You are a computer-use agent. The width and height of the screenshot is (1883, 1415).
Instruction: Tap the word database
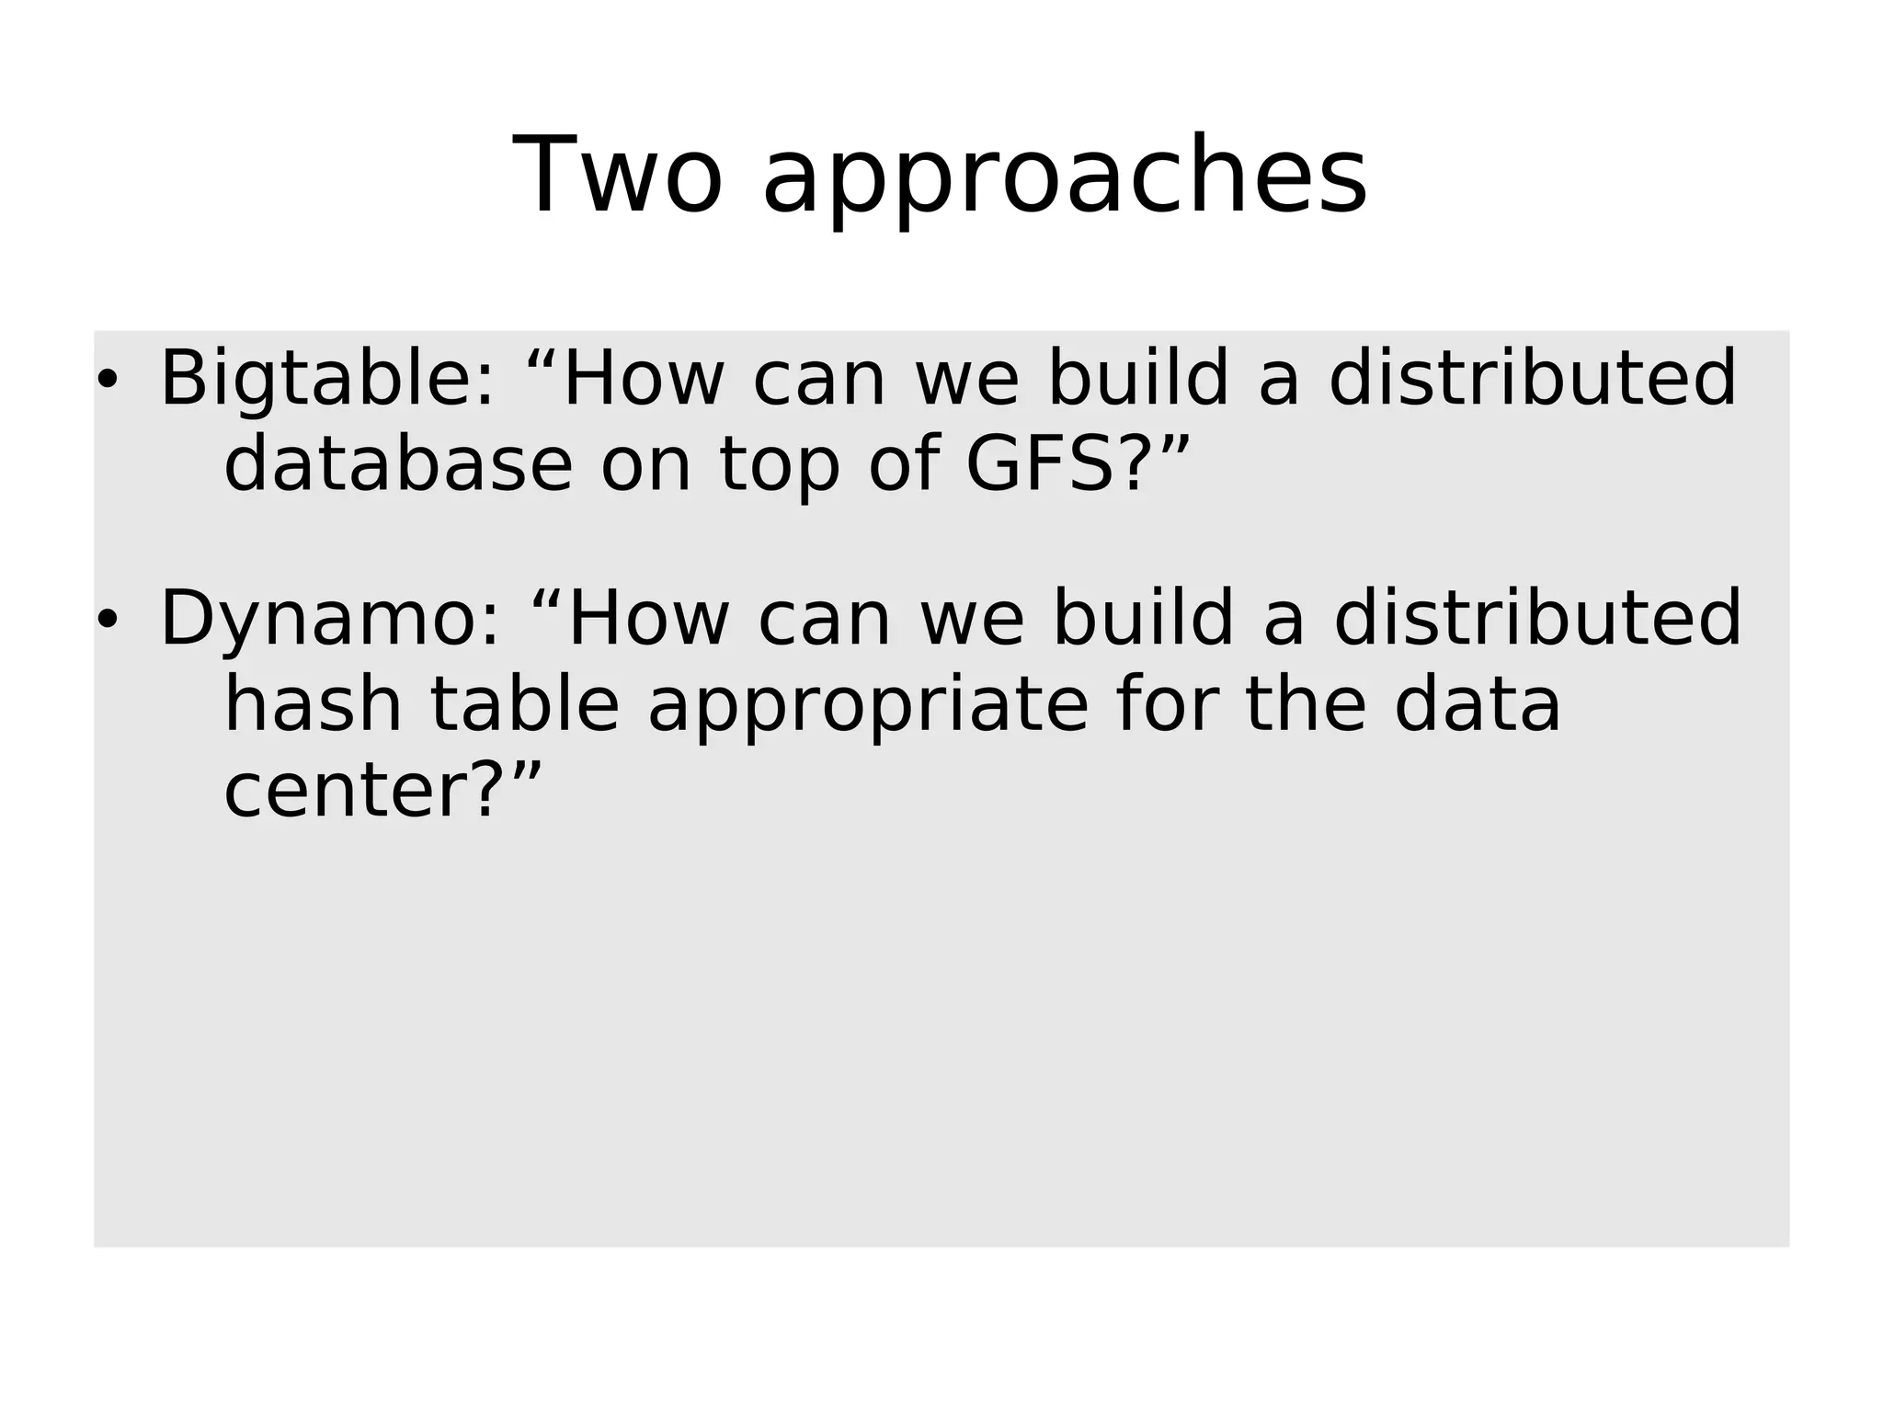pyautogui.click(x=398, y=464)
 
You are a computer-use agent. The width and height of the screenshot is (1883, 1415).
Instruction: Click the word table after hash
pyautogui.click(x=525, y=705)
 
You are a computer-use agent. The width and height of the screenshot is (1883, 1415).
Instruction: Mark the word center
pyautogui.click(x=346, y=792)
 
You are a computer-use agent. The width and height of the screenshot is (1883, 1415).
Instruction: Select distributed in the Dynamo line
pyautogui.click(x=1537, y=619)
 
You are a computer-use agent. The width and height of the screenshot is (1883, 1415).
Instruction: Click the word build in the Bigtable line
pyautogui.click(x=1138, y=379)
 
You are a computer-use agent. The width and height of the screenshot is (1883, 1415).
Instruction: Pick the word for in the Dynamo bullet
pyautogui.click(x=1165, y=705)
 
